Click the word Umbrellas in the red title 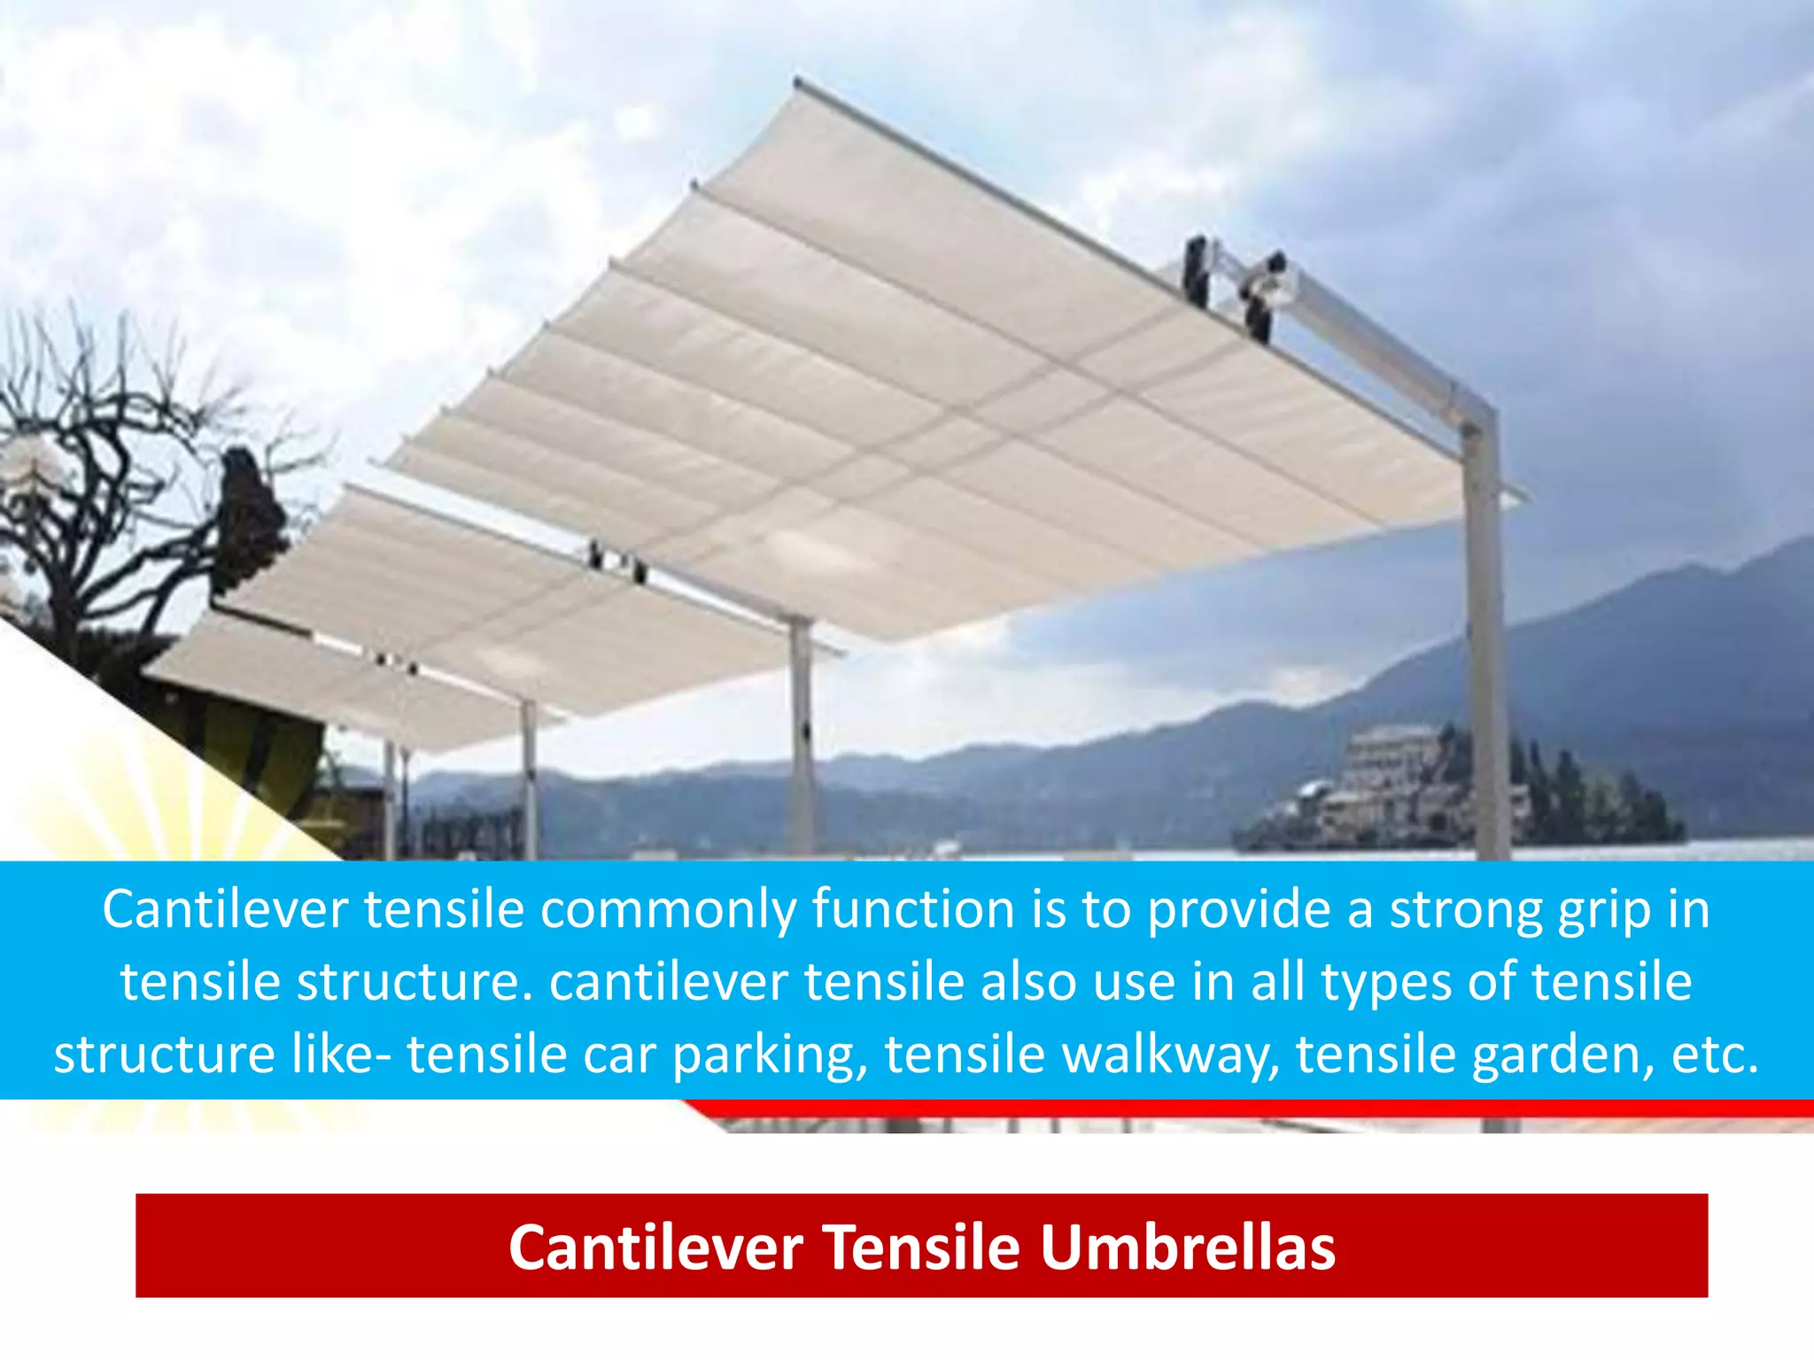1187,1247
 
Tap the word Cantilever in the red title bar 655,1247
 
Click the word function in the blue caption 912,909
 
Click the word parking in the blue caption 770,1055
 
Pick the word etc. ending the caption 1714,1055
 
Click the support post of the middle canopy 802,735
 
